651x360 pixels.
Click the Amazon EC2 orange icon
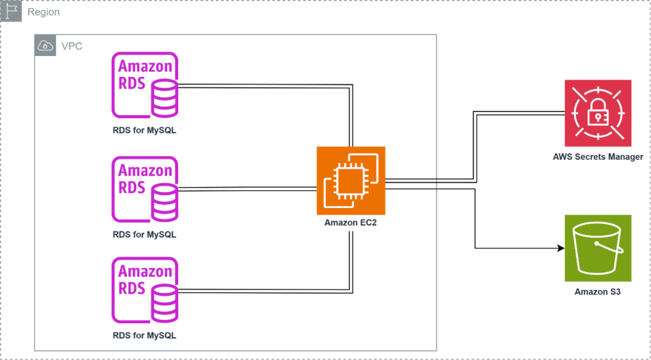pyautogui.click(x=351, y=181)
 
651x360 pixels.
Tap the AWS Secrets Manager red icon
pyautogui.click(x=598, y=113)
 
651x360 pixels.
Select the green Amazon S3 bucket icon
pyautogui.click(x=598, y=248)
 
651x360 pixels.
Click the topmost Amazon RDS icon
pyautogui.click(x=145, y=85)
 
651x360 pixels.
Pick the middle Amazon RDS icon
pyautogui.click(x=145, y=189)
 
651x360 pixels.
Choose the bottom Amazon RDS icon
pyautogui.click(x=145, y=289)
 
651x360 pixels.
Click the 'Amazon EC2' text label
pyautogui.click(x=351, y=223)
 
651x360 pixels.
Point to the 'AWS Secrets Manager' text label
pyautogui.click(x=598, y=156)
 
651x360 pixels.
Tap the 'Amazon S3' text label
pyautogui.click(x=598, y=292)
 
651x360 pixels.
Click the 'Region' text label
pyautogui.click(x=43, y=12)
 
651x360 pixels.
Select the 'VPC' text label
pyautogui.click(x=71, y=46)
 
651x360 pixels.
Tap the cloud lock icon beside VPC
pyautogui.click(x=45, y=46)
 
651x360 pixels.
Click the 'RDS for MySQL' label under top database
pyautogui.click(x=144, y=131)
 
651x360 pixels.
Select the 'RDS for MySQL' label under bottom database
pyautogui.click(x=144, y=335)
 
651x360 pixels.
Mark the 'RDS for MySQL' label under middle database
pyautogui.click(x=144, y=234)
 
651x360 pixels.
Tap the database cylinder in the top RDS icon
pyautogui.click(x=165, y=99)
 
